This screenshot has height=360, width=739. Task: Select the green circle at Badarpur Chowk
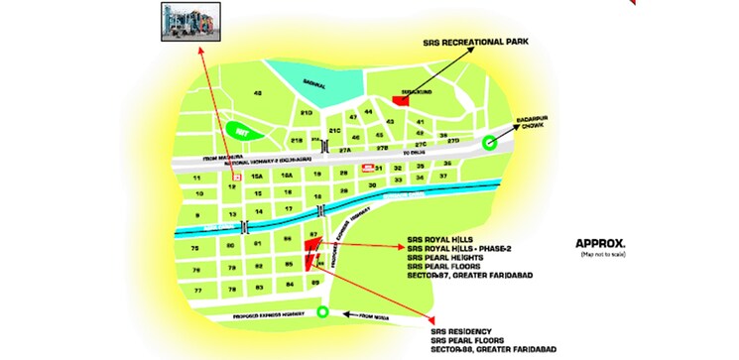click(487, 143)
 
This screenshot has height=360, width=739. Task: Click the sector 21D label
click(307, 114)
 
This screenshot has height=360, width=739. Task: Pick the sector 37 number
click(443, 177)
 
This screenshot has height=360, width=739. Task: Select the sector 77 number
click(198, 290)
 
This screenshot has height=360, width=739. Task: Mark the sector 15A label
click(257, 176)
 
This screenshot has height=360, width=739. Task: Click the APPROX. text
click(600, 243)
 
